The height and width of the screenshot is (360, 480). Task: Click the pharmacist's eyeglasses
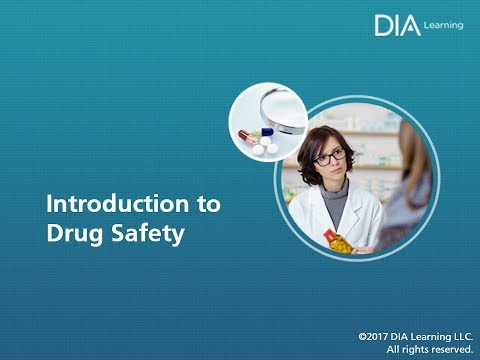pos(329,156)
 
